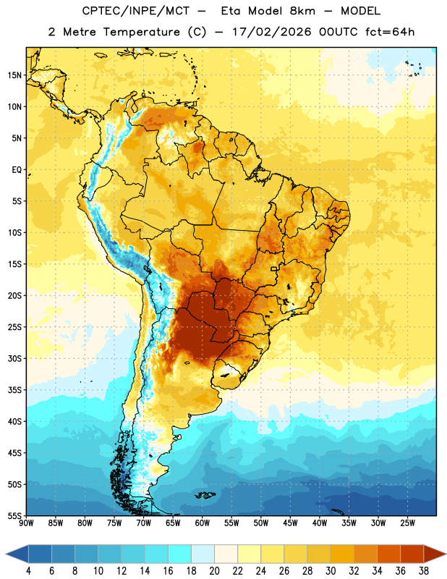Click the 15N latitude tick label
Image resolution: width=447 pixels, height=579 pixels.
pyautogui.click(x=14, y=75)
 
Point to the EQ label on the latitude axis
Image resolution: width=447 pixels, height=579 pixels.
pyautogui.click(x=17, y=170)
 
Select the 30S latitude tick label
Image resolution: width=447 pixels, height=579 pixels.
pyautogui.click(x=14, y=358)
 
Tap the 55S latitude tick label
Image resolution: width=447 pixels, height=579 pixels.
pyautogui.click(x=14, y=516)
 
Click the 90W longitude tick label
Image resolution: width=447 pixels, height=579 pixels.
pyautogui.click(x=26, y=523)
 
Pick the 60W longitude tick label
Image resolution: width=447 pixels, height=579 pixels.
pyautogui.click(x=203, y=523)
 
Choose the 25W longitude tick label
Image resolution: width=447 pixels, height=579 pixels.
pyautogui.click(x=407, y=523)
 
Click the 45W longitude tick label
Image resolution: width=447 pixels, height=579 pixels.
pyautogui.click(x=290, y=523)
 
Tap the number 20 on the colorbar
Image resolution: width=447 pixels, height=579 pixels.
pyautogui.click(x=214, y=571)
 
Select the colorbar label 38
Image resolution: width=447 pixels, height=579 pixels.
pyautogui.click(x=423, y=571)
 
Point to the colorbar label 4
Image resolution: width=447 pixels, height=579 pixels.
pyautogui.click(x=28, y=571)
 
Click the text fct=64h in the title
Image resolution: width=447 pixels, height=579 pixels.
pyautogui.click(x=390, y=32)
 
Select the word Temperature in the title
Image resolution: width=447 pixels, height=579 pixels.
pyautogui.click(x=142, y=32)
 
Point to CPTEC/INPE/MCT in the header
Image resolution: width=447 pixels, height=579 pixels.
pyautogui.click(x=136, y=11)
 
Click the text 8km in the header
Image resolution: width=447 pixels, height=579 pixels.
pyautogui.click(x=302, y=11)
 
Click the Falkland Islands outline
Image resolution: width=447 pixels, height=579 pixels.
pyautogui.click(x=205, y=495)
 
